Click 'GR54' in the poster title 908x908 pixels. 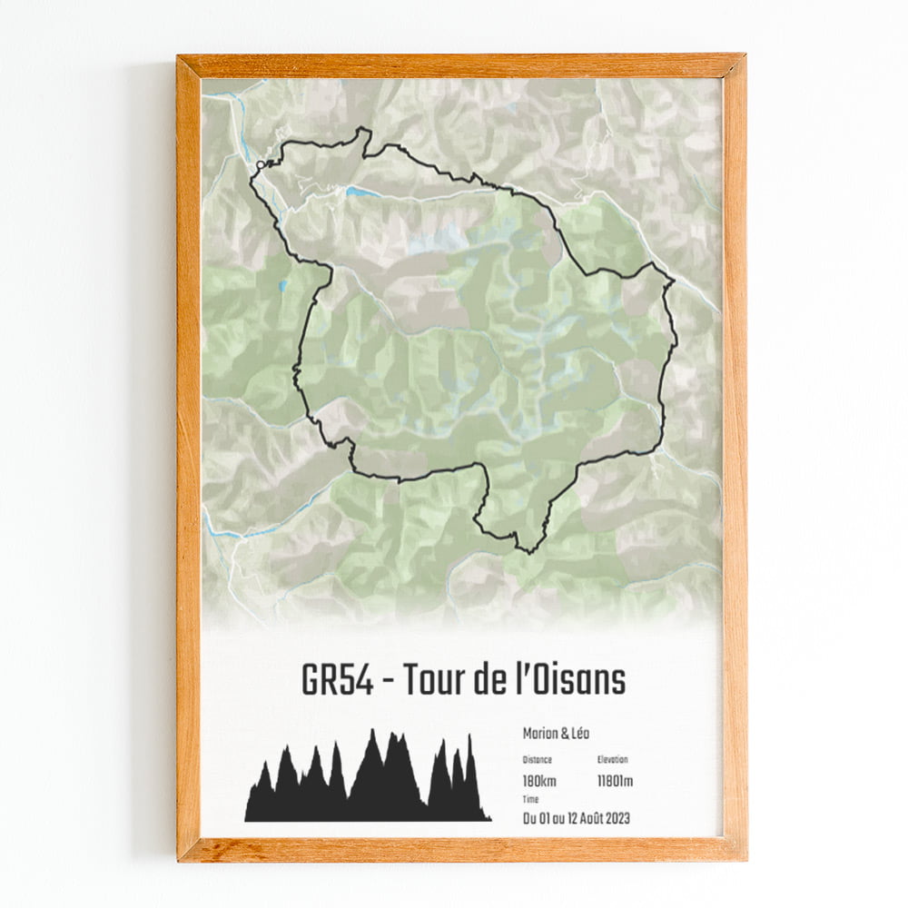(x=336, y=681)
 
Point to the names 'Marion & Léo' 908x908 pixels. (x=556, y=734)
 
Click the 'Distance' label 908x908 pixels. (x=537, y=760)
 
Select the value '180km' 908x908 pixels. (x=539, y=781)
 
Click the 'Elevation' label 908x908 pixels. (x=613, y=760)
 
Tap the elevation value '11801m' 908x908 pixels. (x=616, y=781)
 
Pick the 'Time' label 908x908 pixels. (x=530, y=799)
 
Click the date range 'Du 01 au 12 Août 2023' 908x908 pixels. (x=576, y=818)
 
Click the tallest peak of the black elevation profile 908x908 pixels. (x=372, y=733)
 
